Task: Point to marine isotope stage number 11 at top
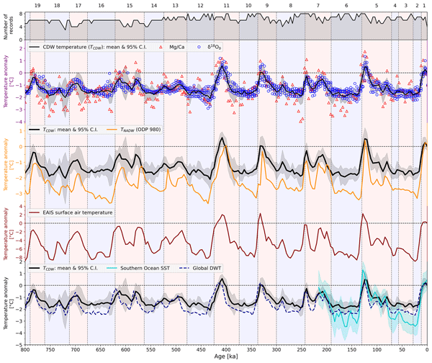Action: [x=227, y=5]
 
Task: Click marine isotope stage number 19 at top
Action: [x=37, y=5]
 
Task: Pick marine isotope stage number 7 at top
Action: [x=318, y=5]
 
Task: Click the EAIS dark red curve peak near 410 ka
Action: [x=226, y=218]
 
